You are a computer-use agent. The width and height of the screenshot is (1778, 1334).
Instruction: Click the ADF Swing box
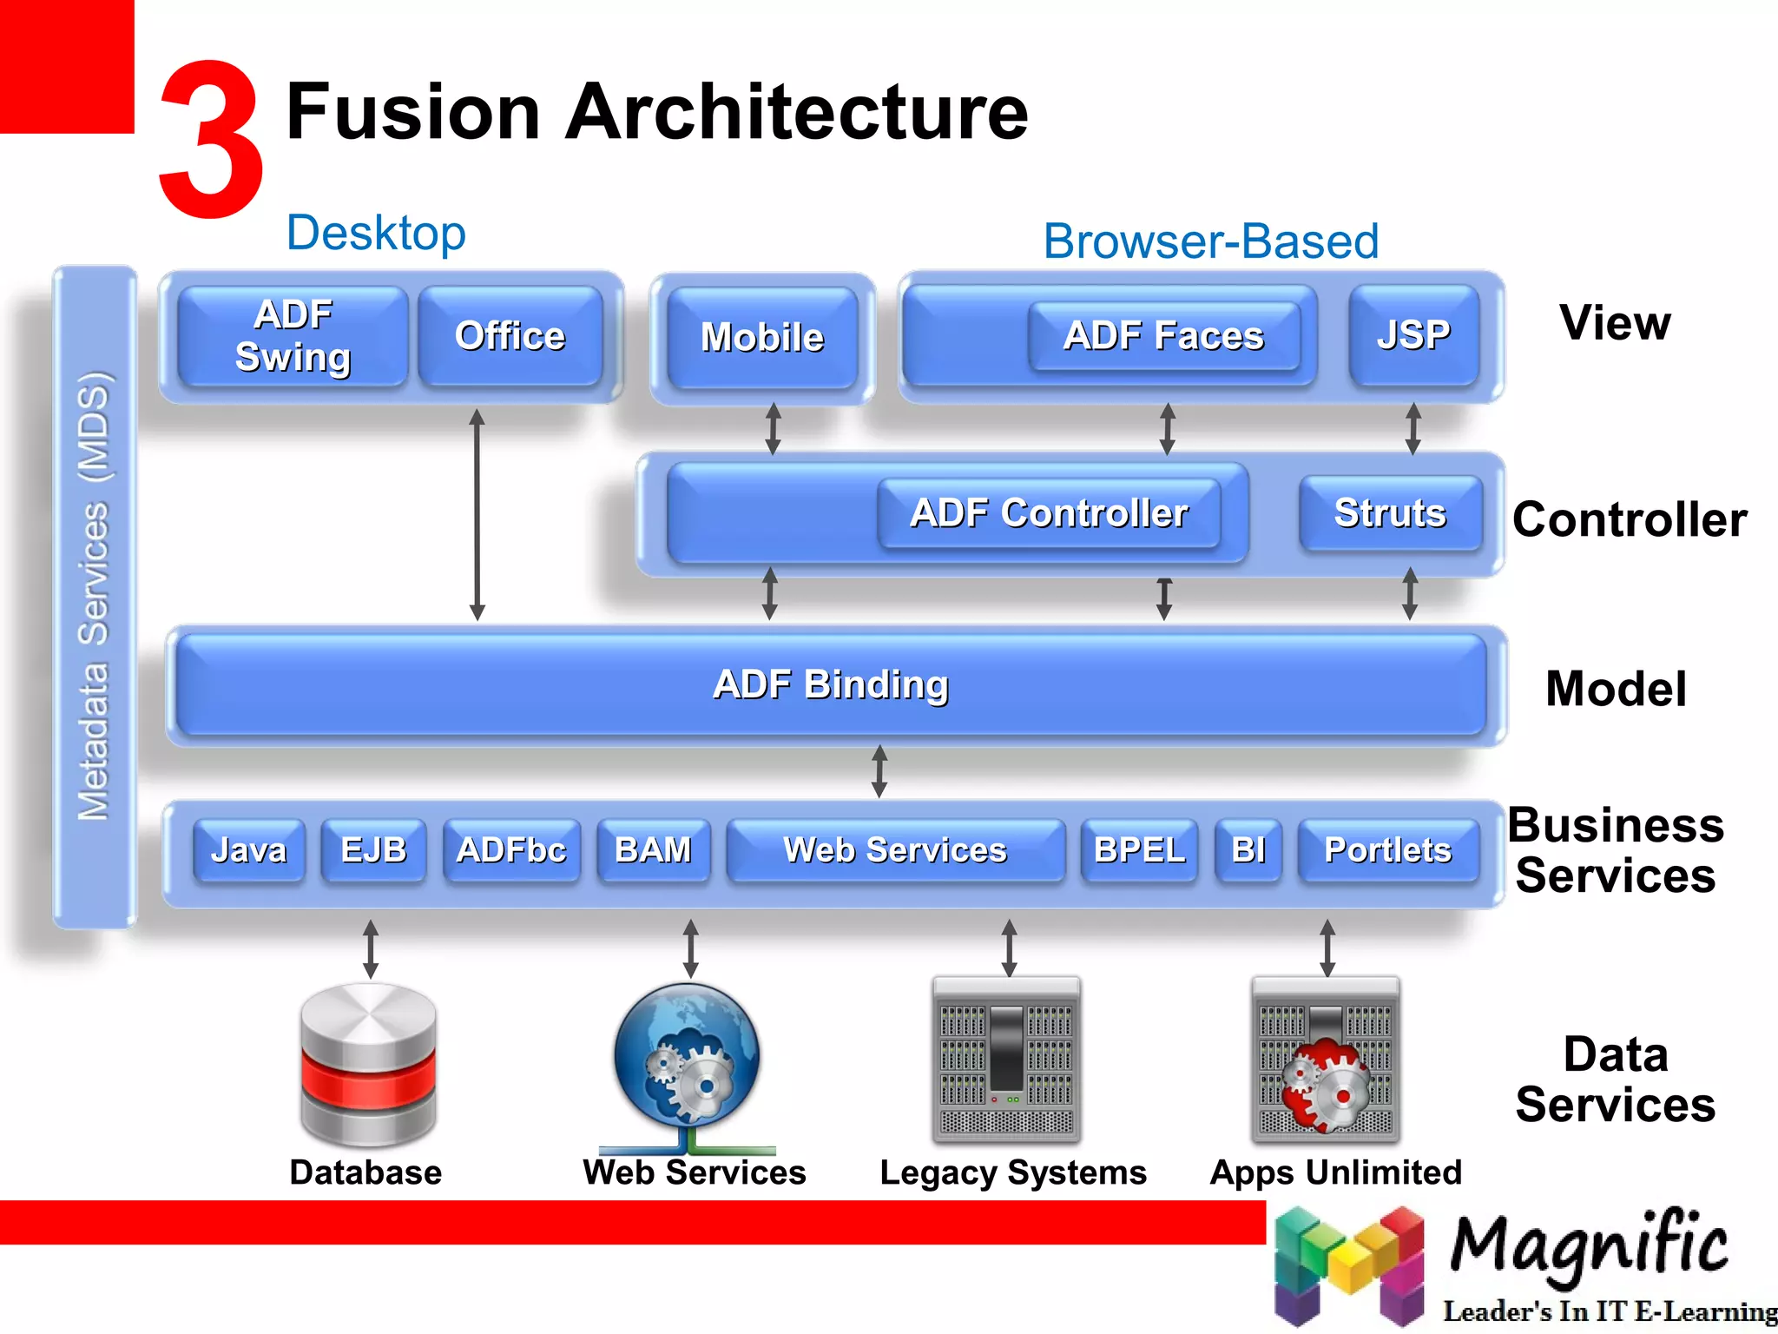point(293,336)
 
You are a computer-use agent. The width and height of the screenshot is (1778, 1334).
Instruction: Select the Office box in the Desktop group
point(510,336)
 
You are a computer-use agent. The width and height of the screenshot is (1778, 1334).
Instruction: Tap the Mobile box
point(762,338)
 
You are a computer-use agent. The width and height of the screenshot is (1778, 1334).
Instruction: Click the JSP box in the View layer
point(1413,335)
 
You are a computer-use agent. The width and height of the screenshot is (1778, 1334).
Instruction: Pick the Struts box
point(1390,513)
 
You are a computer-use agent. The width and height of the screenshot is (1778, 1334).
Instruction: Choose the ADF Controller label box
point(1049,513)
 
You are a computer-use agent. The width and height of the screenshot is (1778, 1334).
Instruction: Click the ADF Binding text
point(831,684)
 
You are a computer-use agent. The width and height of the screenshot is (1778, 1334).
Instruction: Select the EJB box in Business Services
point(373,850)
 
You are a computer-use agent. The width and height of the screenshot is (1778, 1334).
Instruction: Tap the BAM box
point(653,850)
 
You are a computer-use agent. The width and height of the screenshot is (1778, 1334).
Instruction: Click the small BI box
point(1248,850)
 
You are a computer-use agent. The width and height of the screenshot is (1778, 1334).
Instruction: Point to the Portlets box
point(1387,850)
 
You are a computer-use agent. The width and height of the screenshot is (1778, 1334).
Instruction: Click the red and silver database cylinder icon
point(368,1065)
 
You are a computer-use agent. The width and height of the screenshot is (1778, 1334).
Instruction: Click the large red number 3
point(211,139)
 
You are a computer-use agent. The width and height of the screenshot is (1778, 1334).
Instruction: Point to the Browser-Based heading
point(1210,241)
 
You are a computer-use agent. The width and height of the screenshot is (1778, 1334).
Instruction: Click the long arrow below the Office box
point(477,514)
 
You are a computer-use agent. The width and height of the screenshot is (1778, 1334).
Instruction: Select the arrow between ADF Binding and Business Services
point(879,771)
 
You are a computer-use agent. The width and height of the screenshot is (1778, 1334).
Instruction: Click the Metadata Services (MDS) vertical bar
point(95,598)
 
